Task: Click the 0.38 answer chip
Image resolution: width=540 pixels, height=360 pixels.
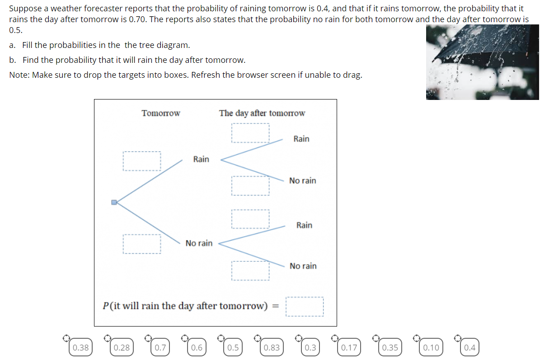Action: (80, 347)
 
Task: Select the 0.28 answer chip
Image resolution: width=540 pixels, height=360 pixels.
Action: (122, 347)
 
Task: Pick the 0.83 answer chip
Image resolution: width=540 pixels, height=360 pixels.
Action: (272, 347)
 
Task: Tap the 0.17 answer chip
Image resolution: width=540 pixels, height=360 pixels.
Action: (349, 347)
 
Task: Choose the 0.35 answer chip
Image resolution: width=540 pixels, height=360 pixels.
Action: (390, 347)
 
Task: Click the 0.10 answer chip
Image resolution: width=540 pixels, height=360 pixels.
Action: (431, 347)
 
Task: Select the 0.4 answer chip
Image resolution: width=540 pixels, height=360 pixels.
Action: (470, 347)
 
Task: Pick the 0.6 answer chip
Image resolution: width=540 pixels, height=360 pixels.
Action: (197, 347)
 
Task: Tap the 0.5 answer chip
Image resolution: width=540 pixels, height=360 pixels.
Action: (233, 347)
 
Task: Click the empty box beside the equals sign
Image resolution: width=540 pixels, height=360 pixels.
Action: (305, 307)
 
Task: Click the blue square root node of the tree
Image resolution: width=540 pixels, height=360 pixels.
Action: (114, 203)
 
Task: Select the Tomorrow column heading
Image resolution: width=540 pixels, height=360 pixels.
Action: (161, 113)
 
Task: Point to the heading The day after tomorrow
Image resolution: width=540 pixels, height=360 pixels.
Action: (262, 113)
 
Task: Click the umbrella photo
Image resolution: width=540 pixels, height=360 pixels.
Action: (482, 62)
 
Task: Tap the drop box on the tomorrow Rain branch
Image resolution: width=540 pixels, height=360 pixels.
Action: (142, 161)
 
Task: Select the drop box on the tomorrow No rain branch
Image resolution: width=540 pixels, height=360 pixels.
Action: (142, 244)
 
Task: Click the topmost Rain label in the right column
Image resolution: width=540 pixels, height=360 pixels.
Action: (301, 139)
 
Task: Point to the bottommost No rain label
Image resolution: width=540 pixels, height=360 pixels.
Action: (303, 266)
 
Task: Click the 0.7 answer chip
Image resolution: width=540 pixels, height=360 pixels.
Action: (160, 347)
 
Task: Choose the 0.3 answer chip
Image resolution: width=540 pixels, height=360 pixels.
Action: (310, 347)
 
